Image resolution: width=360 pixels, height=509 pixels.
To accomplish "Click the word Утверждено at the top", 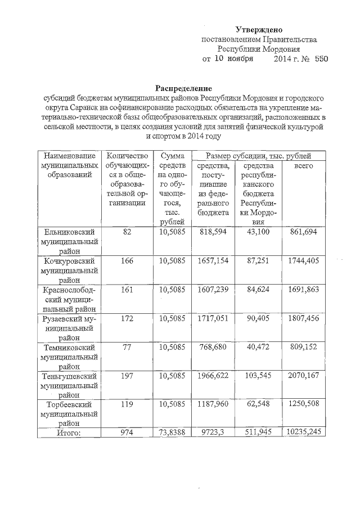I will (258, 29).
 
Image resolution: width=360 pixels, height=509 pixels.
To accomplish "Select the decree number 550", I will (321, 58).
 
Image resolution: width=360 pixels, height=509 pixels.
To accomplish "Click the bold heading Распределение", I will (183, 88).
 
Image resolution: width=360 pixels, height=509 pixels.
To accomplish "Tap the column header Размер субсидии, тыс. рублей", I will (259, 156).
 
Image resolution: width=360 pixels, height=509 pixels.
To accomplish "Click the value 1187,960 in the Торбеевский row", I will (213, 404).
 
